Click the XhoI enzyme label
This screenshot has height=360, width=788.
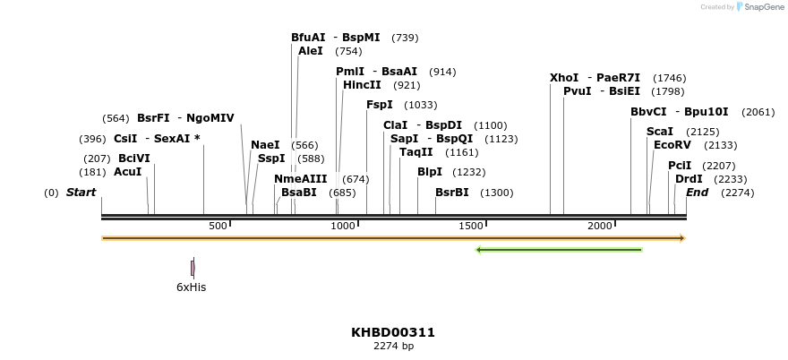tap(564, 78)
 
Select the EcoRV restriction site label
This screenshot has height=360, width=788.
tap(672, 144)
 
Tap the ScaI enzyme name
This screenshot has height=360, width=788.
tap(660, 131)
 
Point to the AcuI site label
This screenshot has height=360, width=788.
tap(128, 172)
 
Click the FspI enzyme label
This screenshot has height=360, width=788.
tap(380, 105)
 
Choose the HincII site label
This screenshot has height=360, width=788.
tap(362, 85)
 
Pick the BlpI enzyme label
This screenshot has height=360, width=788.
tap(430, 172)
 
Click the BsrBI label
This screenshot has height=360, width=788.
tap(452, 192)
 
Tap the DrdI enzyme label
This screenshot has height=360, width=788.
tap(689, 178)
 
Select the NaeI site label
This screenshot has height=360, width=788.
tap(265, 145)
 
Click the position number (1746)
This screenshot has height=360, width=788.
tap(670, 79)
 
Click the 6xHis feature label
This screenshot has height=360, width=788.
tap(192, 287)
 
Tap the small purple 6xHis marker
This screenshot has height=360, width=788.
tap(193, 268)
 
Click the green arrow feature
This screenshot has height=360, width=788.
tap(559, 250)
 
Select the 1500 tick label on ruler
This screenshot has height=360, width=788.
tap(471, 226)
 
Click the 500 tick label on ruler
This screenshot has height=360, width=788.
tap(218, 226)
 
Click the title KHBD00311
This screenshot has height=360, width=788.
tap(393, 332)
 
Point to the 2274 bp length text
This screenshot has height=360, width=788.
tap(393, 347)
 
